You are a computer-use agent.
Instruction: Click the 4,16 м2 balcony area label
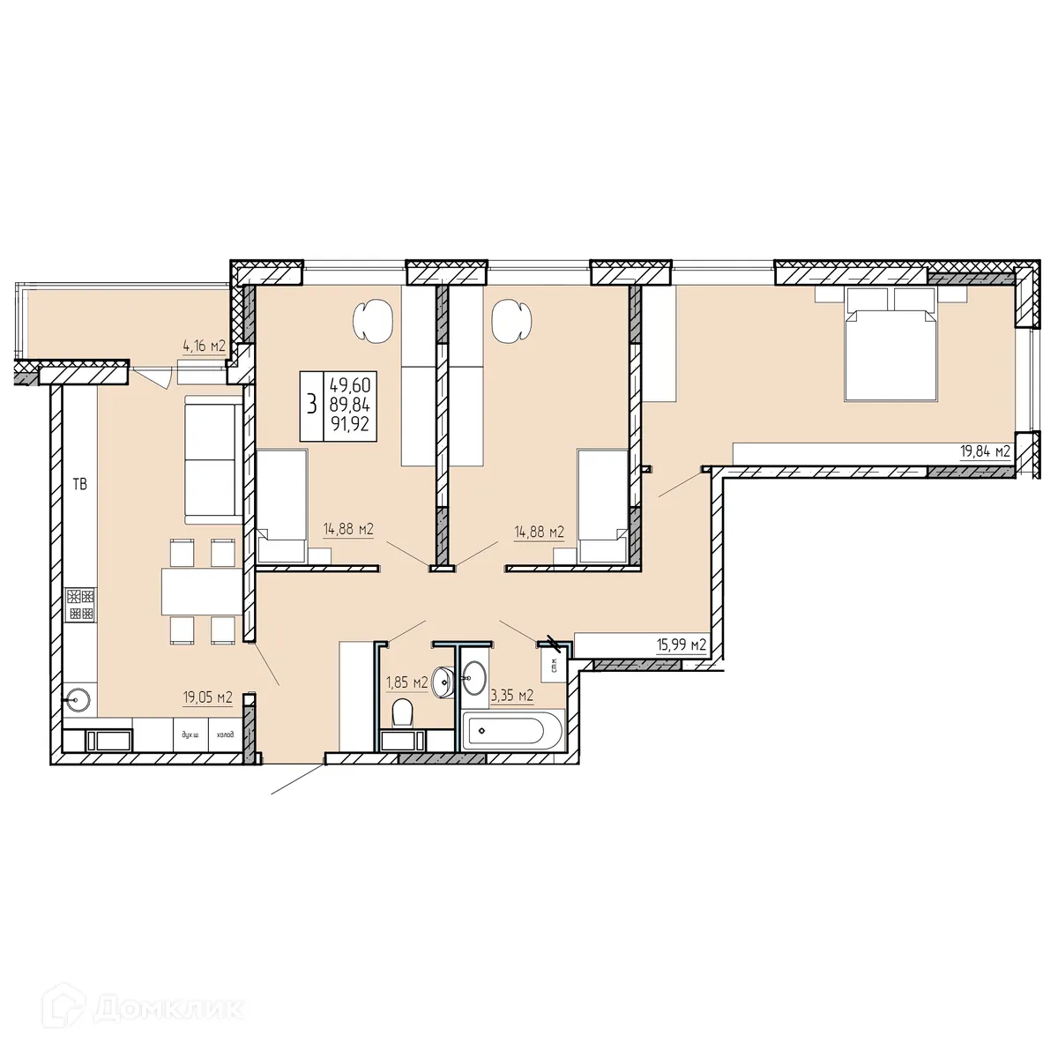coord(204,346)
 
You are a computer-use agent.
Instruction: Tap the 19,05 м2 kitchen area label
coord(207,697)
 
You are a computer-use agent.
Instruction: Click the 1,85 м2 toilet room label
coord(407,682)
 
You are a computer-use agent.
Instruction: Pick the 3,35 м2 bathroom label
coord(512,696)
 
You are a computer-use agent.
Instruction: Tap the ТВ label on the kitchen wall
coord(80,484)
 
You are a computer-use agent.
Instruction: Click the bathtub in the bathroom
coord(506,731)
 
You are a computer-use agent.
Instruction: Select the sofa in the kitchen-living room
coord(211,458)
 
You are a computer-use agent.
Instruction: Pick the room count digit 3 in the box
coord(311,406)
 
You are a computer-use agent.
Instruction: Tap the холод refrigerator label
coord(225,734)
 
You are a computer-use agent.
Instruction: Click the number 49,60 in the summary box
coord(350,385)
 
